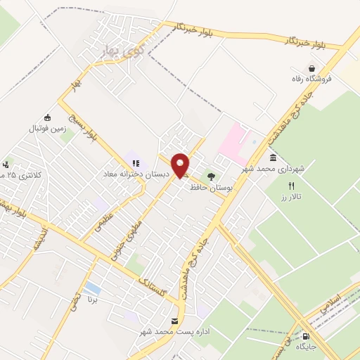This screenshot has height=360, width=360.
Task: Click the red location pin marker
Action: click(181, 165)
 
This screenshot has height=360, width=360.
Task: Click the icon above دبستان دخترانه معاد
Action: click(135, 162)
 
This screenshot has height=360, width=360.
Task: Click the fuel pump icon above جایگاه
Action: click(304, 337)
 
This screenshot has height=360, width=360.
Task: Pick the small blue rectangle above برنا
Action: click(91, 288)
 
